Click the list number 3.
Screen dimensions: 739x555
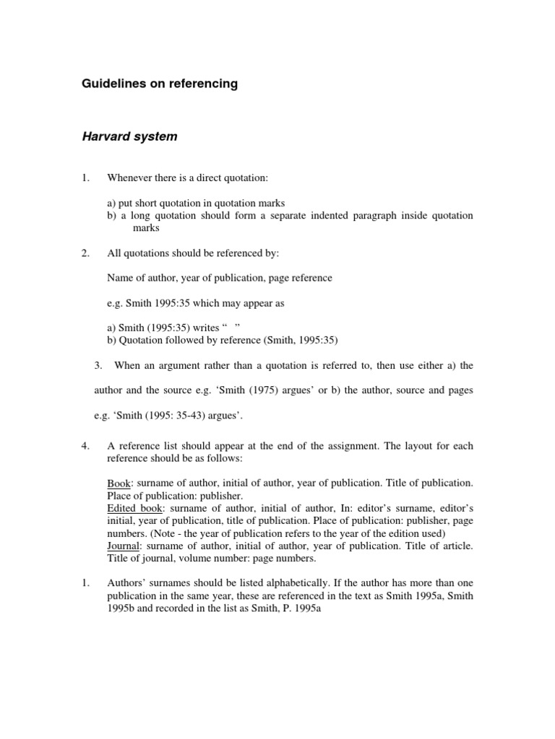(x=100, y=365)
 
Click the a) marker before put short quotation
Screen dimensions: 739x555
(x=112, y=204)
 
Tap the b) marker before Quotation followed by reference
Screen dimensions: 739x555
(x=112, y=340)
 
